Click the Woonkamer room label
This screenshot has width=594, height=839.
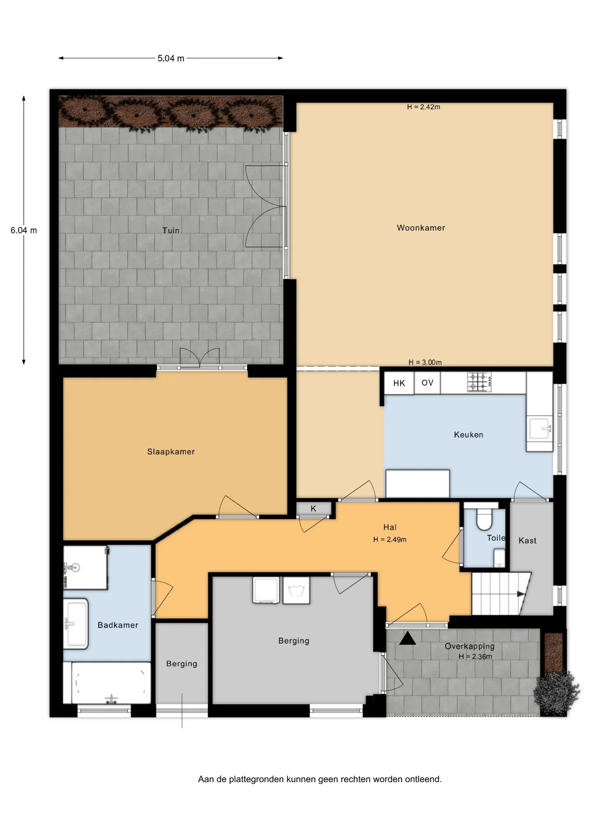pyautogui.click(x=421, y=228)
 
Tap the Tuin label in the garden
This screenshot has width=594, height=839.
pyautogui.click(x=171, y=230)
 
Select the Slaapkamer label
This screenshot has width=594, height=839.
pyautogui.click(x=171, y=452)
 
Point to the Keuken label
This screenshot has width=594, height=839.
pyautogui.click(x=468, y=435)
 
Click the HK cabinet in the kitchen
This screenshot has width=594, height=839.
pyautogui.click(x=399, y=383)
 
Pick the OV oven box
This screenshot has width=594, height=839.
pyautogui.click(x=427, y=383)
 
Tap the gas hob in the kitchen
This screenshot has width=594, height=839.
pyautogui.click(x=479, y=382)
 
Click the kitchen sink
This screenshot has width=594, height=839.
pyautogui.click(x=540, y=429)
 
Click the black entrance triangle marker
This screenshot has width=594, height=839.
pyautogui.click(x=408, y=638)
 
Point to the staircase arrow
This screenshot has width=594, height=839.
pyautogui.click(x=521, y=594)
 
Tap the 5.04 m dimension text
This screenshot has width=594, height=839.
pyautogui.click(x=171, y=58)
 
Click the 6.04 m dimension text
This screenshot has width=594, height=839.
pyautogui.click(x=24, y=230)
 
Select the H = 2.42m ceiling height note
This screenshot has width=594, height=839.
pyautogui.click(x=423, y=107)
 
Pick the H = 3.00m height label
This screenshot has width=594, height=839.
pyautogui.click(x=425, y=362)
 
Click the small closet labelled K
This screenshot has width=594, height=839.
pyautogui.click(x=313, y=509)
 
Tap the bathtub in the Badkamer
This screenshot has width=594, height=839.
pyautogui.click(x=111, y=683)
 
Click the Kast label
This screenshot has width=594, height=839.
pyautogui.click(x=528, y=541)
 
